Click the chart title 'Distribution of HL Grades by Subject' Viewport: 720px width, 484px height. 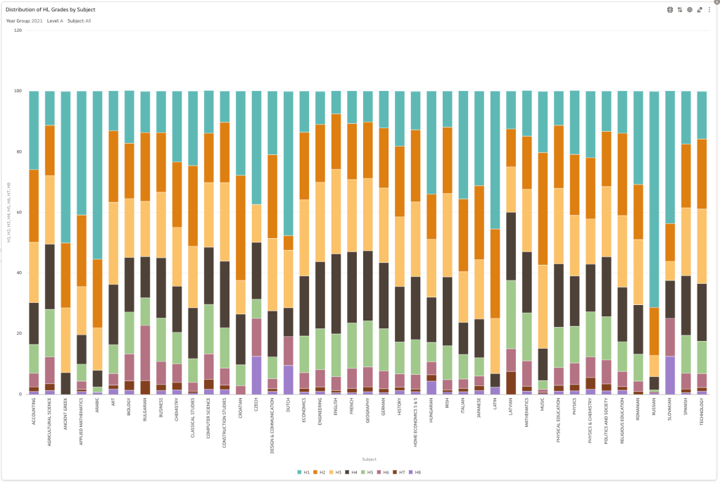[x=51, y=10]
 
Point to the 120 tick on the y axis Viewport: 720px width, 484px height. [x=18, y=30]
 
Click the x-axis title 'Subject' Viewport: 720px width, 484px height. [x=360, y=459]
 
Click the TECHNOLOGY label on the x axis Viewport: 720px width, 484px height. [x=702, y=416]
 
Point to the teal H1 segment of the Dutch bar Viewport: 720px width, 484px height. [x=288, y=163]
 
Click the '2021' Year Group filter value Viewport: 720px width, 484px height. [x=37, y=21]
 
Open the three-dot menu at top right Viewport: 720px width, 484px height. [x=709, y=10]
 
